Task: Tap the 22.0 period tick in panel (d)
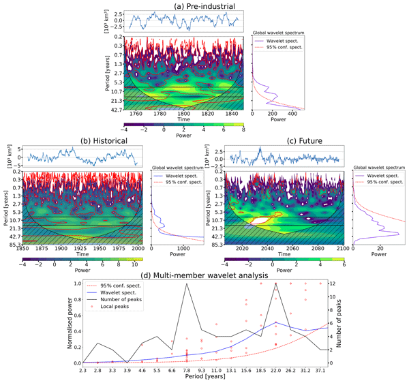(x=275, y=369)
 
